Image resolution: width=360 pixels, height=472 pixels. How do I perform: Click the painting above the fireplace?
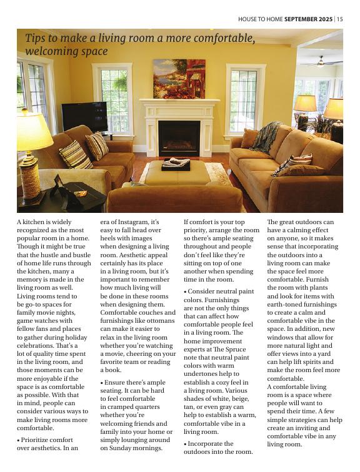coord(179,79)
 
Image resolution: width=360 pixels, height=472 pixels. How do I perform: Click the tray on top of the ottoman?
coord(176,165)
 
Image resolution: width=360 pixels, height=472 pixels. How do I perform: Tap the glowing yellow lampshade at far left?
coord(32,131)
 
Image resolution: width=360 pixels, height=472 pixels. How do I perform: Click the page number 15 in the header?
coord(340,19)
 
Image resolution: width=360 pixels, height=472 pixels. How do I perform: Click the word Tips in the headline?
coord(36,38)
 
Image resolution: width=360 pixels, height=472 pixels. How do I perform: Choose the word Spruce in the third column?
coord(236,350)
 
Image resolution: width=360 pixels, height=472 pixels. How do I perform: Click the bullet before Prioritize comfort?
coord(18,440)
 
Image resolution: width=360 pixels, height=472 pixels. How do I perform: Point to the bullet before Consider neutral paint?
coord(185,292)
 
